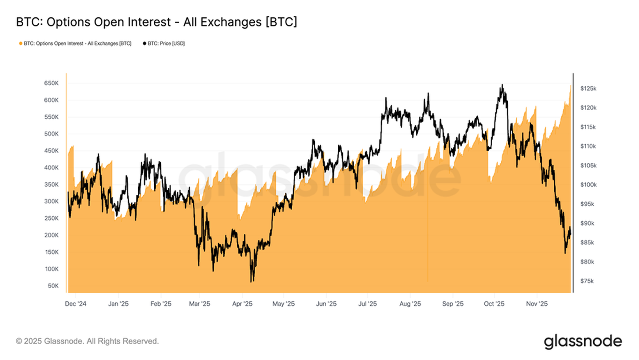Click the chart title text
pos(157,22)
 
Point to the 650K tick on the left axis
pos(51,83)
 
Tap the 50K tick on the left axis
pos(53,286)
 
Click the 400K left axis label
pos(51,168)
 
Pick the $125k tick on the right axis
pos(588,89)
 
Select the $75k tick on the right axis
pos(587,281)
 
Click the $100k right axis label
pos(588,185)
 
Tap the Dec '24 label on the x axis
pos(75,304)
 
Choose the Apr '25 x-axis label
pos(242,304)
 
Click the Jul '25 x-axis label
pos(367,304)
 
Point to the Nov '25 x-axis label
pos(537,304)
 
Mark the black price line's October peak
pos(502,85)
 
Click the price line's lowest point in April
pos(251,282)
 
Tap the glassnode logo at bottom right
pos(583,341)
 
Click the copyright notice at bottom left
pos(87,341)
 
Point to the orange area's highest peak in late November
pos(570,85)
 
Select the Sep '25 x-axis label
pos(453,304)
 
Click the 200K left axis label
pos(51,235)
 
